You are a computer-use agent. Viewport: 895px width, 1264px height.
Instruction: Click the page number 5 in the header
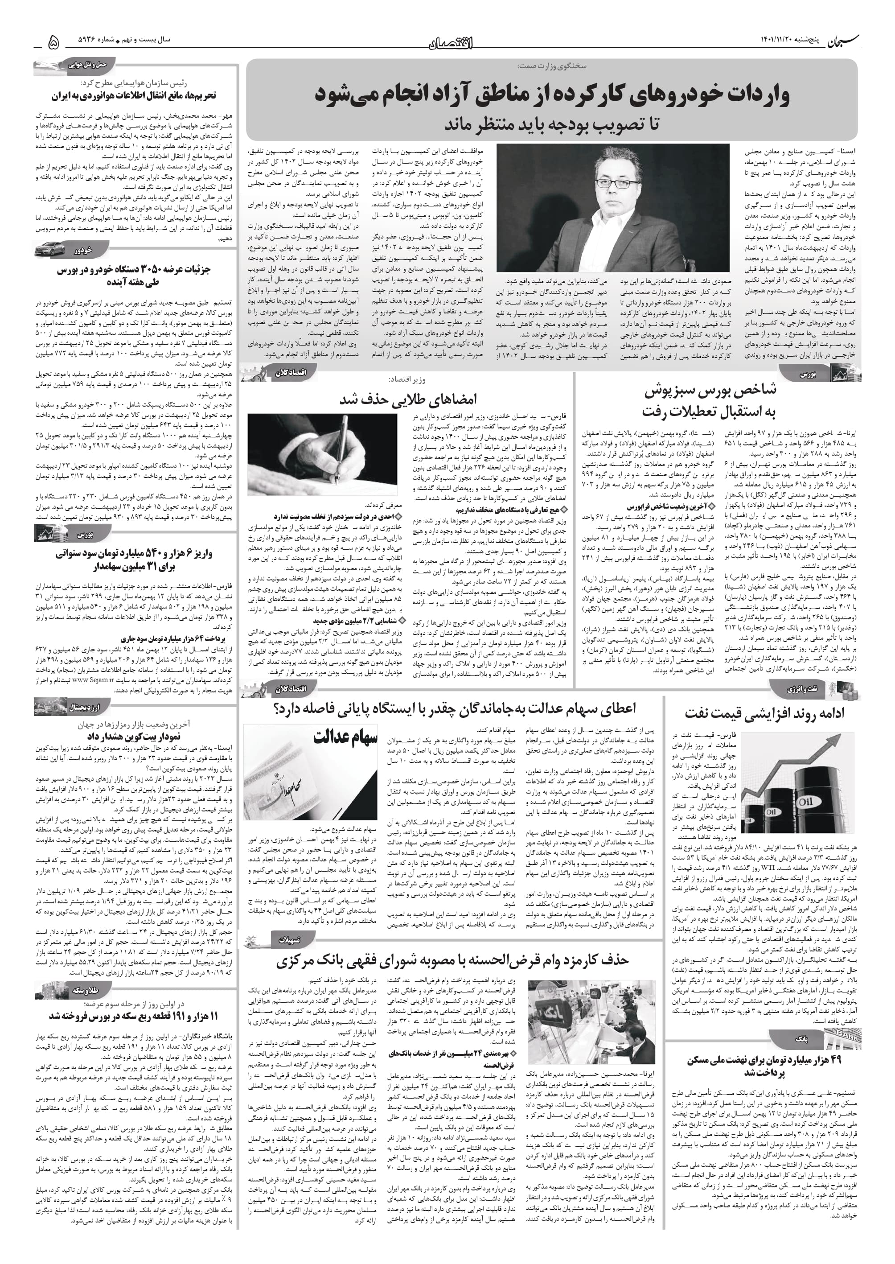coord(54,42)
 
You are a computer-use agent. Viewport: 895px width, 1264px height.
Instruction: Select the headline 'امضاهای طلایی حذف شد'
coord(408,399)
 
